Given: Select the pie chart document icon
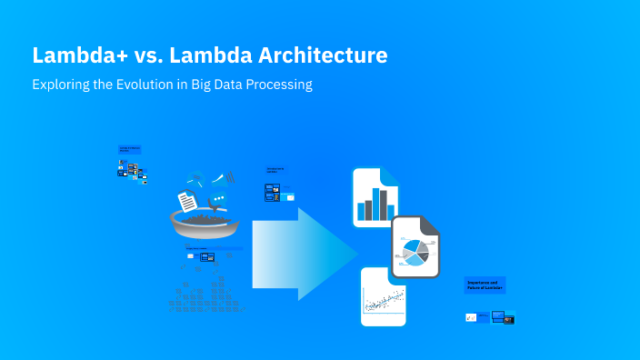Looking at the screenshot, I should coord(415,246).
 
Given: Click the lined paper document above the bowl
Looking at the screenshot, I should coord(187,199).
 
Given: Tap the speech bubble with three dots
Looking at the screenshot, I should coord(218,200).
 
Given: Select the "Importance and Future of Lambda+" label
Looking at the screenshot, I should coord(485,285).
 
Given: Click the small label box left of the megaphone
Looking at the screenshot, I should coord(129,149).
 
